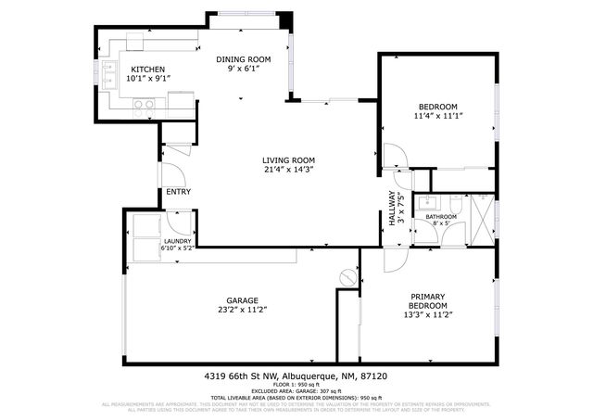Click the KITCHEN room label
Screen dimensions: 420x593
(x=147, y=70)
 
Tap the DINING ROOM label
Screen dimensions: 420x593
(x=244, y=59)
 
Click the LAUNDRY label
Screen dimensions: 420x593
(x=177, y=241)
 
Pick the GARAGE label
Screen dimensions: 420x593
(x=242, y=300)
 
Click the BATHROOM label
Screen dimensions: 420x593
(x=441, y=217)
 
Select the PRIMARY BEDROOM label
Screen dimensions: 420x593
(x=428, y=301)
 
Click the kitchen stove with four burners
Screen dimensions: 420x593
(x=145, y=105)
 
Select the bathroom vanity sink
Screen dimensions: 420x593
(x=429, y=202)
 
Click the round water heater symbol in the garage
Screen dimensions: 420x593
(x=347, y=276)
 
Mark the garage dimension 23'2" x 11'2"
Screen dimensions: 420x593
(x=242, y=310)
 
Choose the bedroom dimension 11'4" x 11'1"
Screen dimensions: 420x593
(x=437, y=117)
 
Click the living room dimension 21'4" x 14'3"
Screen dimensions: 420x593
(x=288, y=169)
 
